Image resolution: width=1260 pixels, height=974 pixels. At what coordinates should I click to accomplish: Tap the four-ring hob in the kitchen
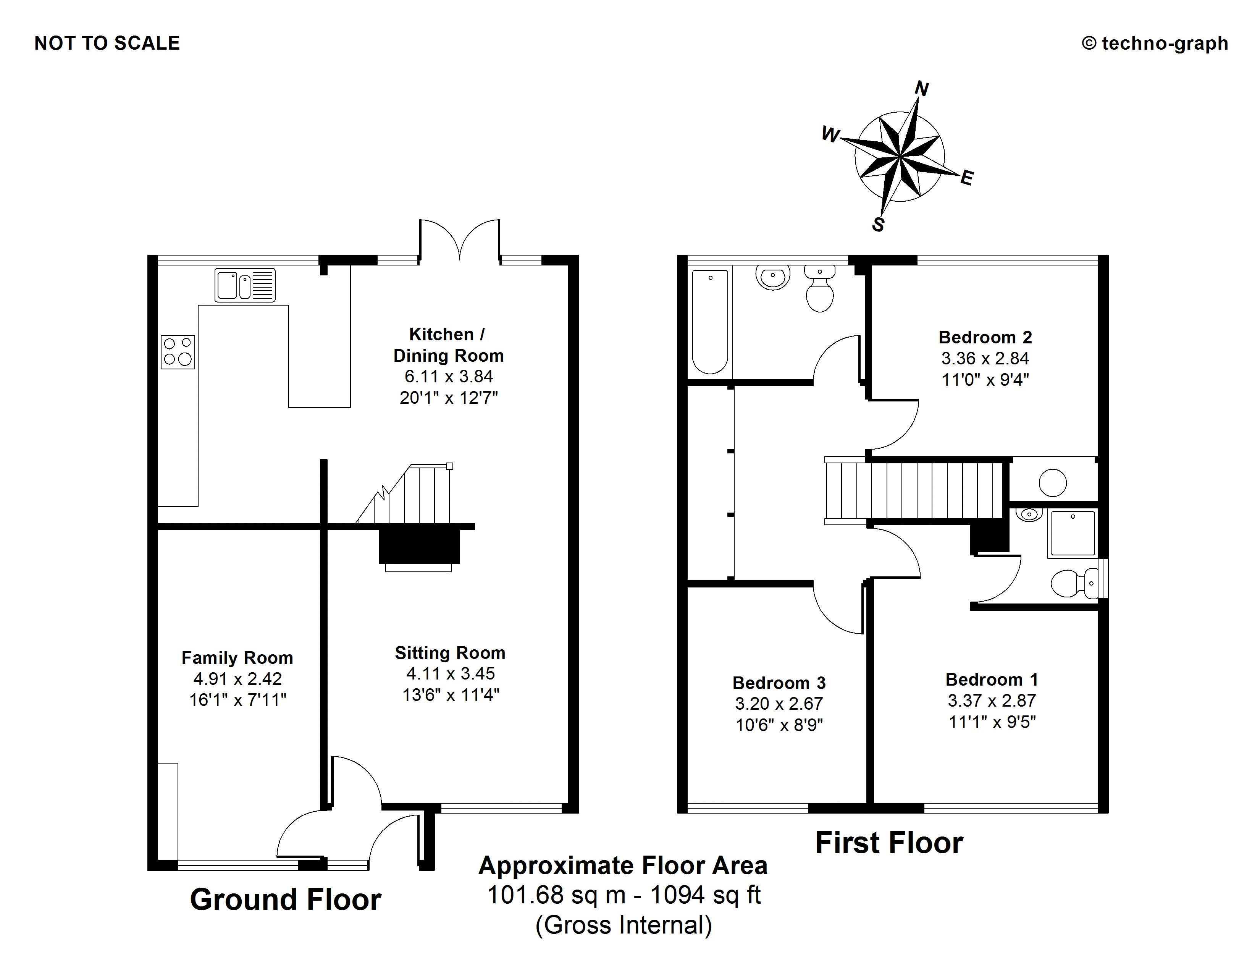tap(178, 352)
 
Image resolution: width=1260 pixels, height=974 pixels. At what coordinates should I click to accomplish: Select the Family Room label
tap(237, 658)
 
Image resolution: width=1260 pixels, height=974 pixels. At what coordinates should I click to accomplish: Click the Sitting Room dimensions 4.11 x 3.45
tap(451, 673)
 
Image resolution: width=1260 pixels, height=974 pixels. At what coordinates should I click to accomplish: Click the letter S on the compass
tap(878, 225)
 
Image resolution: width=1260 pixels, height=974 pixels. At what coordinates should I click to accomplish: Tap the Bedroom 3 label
tap(779, 683)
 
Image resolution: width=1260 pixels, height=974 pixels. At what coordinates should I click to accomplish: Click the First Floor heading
tap(889, 843)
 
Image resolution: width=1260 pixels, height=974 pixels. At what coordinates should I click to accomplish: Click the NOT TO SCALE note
tap(107, 43)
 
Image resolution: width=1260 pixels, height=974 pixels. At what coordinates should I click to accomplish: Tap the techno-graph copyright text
tap(1155, 43)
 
